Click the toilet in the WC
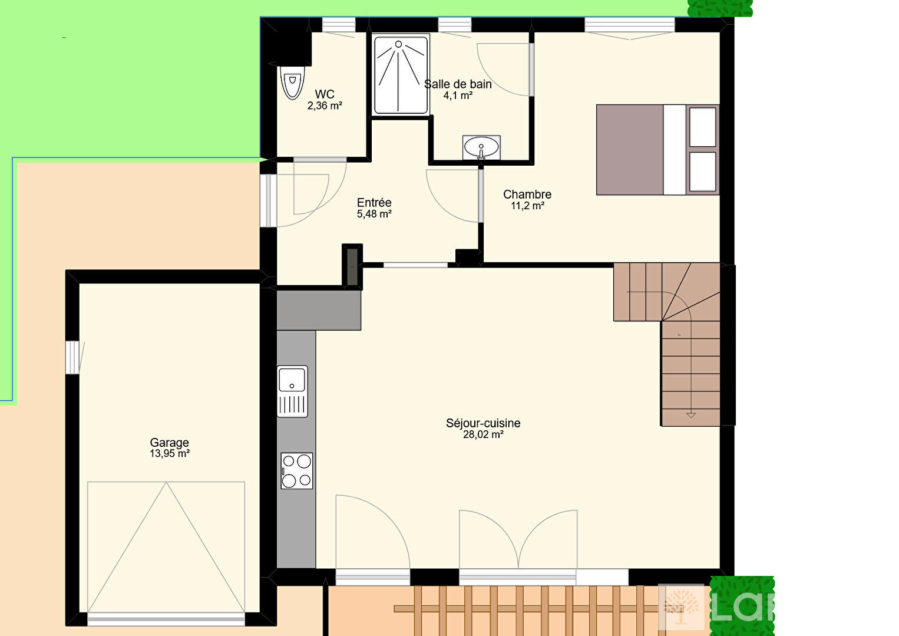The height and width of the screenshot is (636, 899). coord(292,83)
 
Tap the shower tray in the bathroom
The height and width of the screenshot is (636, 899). coord(401,75)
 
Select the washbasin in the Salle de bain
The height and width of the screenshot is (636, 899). coord(481,147)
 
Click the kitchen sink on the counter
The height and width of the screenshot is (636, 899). coord(292,391)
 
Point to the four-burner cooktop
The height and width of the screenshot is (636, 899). coord(296,470)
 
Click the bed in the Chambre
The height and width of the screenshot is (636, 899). coord(657,150)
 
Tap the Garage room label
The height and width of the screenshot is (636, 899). coord(169,443)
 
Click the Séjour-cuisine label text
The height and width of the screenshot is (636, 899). coord(483,423)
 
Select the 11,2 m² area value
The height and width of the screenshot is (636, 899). coord(527,206)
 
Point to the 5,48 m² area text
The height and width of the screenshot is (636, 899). coord(374,214)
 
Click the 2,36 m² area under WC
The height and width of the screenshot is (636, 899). coord(325,106)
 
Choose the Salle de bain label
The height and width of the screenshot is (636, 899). coord(458,84)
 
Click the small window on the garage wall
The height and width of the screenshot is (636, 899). coord(72,357)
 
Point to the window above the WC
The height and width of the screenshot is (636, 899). coord(339,25)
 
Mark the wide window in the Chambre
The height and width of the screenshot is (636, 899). coord(629,25)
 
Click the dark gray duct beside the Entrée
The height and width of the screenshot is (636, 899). coord(352,266)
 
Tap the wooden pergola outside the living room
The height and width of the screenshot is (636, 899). coord(525,610)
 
